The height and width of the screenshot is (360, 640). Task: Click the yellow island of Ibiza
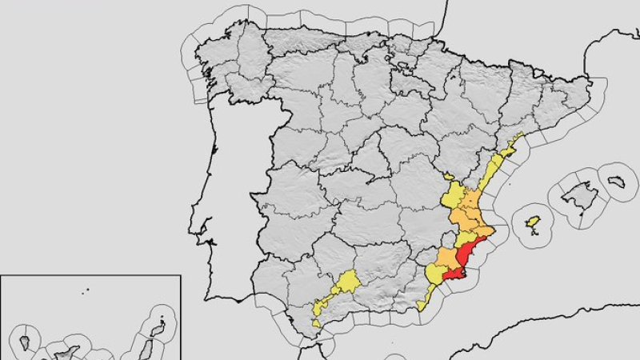coord(533,221)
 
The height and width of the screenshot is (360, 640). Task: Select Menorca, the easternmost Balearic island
coord(615,182)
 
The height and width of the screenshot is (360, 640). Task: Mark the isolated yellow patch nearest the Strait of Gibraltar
coord(317,323)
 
